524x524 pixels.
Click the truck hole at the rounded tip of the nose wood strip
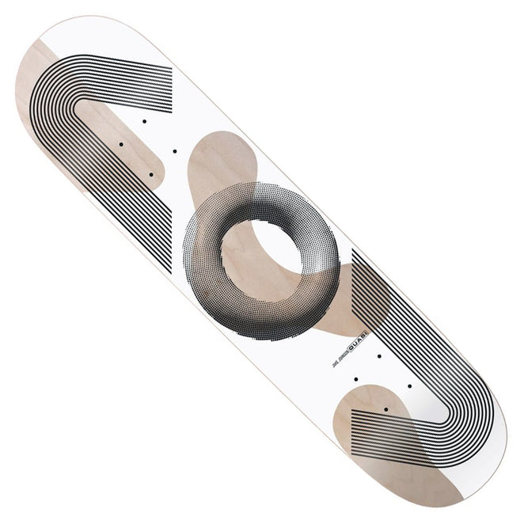coord(150,174)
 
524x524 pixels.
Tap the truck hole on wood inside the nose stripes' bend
coord(120,144)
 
